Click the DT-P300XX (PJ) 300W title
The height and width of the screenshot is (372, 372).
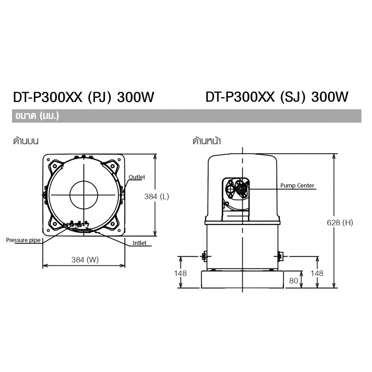(x=83, y=97)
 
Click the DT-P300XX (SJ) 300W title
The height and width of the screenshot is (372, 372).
(x=277, y=97)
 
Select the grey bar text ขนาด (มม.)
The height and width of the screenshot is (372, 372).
(x=37, y=116)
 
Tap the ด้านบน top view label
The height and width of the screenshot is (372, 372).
(x=26, y=141)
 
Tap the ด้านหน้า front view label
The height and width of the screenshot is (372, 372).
(x=207, y=141)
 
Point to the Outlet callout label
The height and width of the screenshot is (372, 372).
(x=137, y=177)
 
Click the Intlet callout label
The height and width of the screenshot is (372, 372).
(x=139, y=243)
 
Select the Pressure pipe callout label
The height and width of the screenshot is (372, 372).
(x=23, y=240)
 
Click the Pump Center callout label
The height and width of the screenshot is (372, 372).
(x=297, y=185)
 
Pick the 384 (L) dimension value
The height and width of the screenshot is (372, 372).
(x=157, y=197)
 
